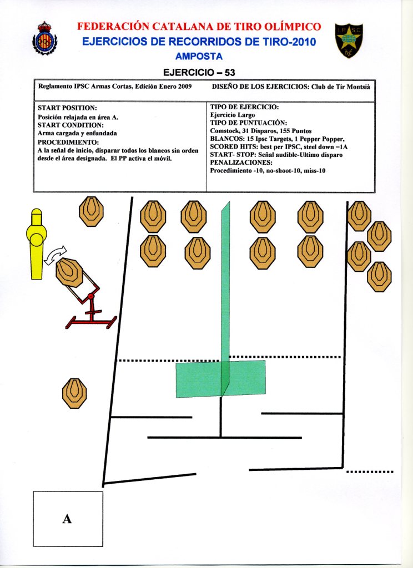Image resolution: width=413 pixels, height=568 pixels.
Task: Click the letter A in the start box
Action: tap(67, 519)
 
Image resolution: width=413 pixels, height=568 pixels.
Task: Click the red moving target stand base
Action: tap(92, 319)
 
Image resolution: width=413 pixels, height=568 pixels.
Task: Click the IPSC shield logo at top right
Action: tap(349, 42)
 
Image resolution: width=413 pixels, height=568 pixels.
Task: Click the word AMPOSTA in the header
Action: tap(199, 57)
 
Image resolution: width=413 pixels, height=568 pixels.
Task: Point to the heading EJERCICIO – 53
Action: tap(203, 72)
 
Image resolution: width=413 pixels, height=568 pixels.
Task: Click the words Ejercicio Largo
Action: tap(233, 115)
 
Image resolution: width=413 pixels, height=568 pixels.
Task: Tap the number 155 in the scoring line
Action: tap(278, 130)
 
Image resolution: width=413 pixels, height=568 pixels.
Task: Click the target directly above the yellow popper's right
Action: tap(90, 211)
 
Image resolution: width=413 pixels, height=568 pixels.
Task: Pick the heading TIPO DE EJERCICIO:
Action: tap(245, 106)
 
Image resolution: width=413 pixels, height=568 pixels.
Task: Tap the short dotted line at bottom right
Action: tap(370, 471)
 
